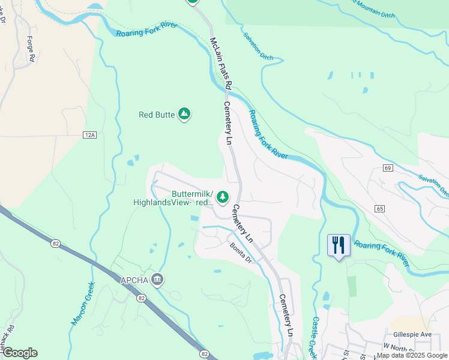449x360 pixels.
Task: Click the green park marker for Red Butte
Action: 184,114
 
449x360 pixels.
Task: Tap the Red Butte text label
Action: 156,115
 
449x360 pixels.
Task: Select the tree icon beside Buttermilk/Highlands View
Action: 223,197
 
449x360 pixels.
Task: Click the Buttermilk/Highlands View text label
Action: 173,199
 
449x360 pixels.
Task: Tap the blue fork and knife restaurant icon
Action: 339,245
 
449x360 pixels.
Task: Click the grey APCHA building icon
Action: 157,278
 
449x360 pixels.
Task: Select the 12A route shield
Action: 90,136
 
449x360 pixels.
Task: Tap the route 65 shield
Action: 380,208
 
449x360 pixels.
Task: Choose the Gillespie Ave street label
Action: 414,334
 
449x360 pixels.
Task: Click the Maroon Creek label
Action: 83,304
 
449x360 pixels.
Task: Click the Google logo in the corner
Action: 20,353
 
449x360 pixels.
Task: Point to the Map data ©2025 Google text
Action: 412,355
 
